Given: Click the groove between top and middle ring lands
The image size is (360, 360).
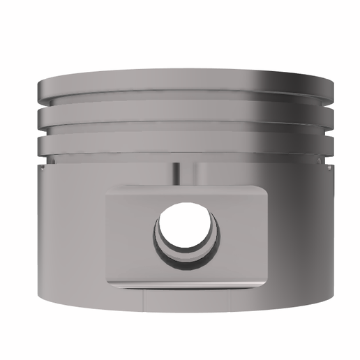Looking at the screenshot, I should (x=183, y=106).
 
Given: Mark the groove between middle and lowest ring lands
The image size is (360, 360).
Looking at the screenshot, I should (x=183, y=133).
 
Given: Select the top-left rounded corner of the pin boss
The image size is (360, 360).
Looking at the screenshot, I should (x=110, y=193).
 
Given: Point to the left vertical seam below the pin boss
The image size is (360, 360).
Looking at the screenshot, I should (x=142, y=301).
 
